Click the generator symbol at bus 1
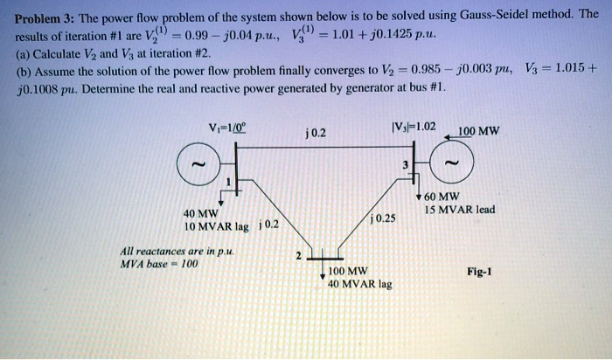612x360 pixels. (198, 164)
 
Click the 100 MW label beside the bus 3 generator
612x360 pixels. (479, 132)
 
